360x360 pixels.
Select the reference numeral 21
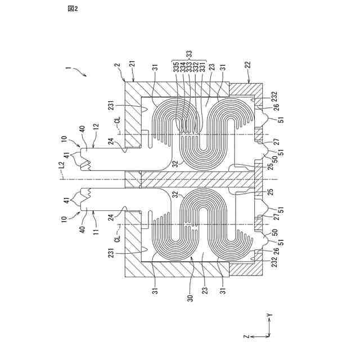[133, 66]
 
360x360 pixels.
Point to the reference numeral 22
[248, 66]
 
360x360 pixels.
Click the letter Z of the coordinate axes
[246, 336]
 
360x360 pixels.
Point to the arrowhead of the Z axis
[251, 336]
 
